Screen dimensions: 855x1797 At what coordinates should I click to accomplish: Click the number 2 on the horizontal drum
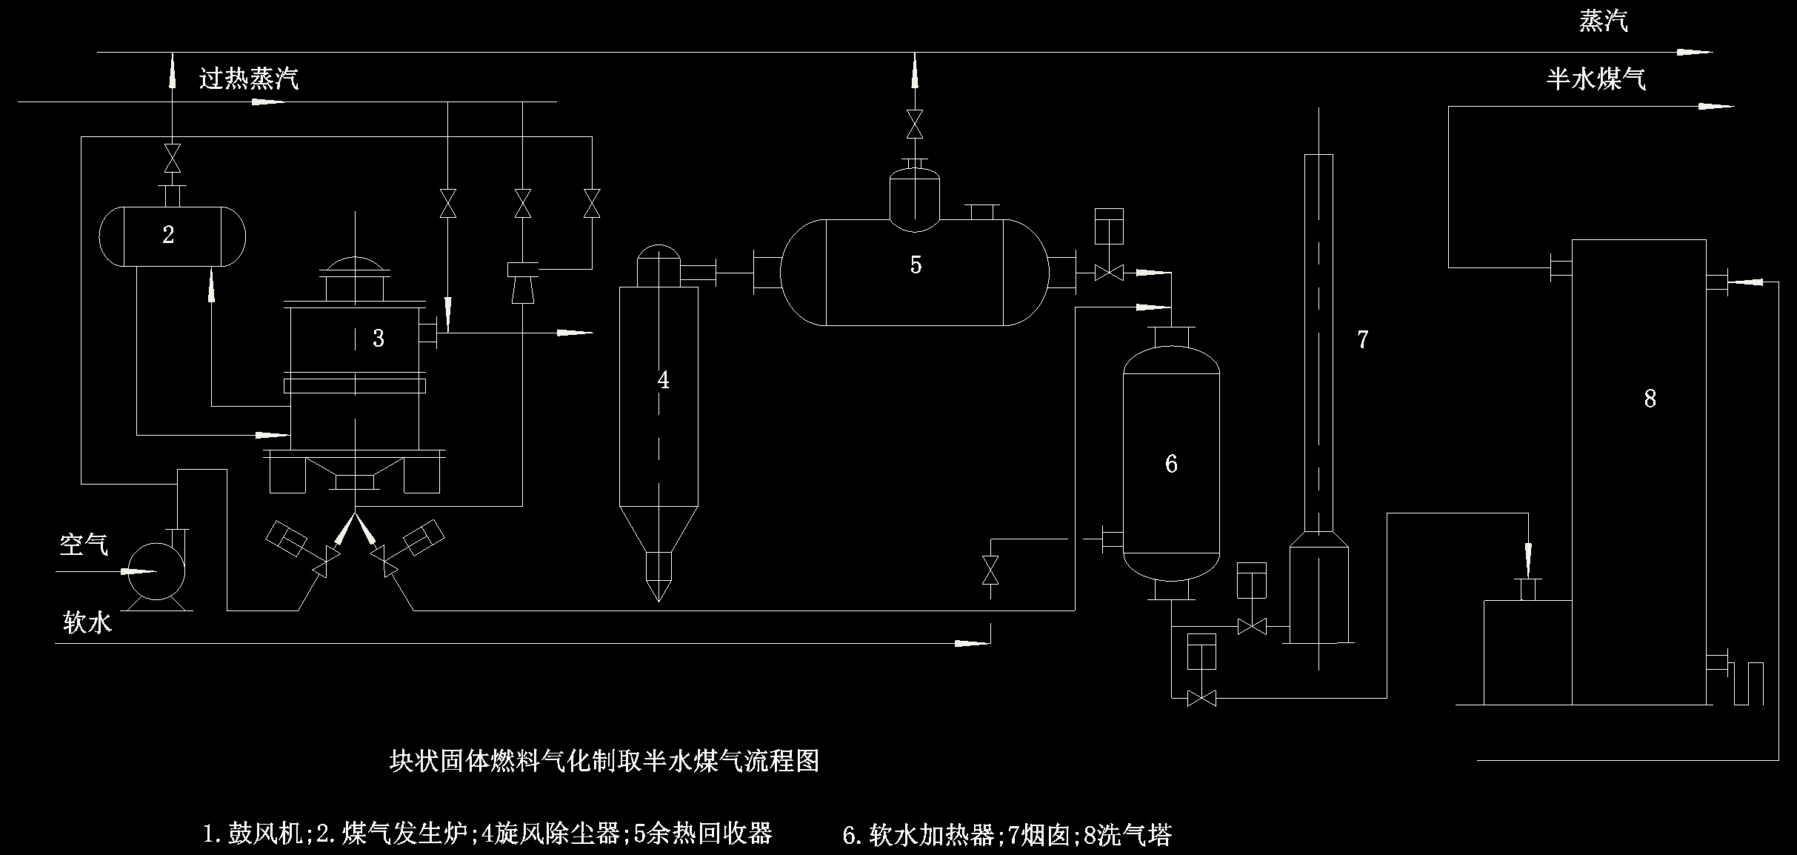pyautogui.click(x=168, y=235)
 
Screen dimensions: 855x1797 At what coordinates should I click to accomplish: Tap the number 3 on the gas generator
pyautogui.click(x=379, y=338)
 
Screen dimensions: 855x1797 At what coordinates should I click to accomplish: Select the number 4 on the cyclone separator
pyautogui.click(x=663, y=380)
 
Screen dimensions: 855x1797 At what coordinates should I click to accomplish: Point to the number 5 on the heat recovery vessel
pyautogui.click(x=916, y=265)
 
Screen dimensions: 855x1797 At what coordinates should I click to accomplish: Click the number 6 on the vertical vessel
pyautogui.click(x=1171, y=464)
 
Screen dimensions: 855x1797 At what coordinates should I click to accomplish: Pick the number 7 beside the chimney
pyautogui.click(x=1362, y=339)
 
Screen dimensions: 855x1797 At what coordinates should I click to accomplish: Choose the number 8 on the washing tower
pyautogui.click(x=1650, y=399)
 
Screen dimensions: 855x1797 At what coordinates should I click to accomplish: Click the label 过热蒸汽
pyautogui.click(x=249, y=78)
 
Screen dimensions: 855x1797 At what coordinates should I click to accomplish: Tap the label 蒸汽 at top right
pyautogui.click(x=1604, y=21)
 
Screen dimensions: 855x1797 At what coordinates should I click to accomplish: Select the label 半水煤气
pyautogui.click(x=1596, y=79)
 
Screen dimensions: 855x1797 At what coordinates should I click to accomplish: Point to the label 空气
pyautogui.click(x=84, y=545)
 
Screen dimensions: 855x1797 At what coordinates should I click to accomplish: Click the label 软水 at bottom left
pyautogui.click(x=87, y=623)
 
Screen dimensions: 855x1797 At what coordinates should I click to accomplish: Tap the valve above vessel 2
pyautogui.click(x=172, y=159)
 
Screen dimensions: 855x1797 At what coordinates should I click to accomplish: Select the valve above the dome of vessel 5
pyautogui.click(x=915, y=124)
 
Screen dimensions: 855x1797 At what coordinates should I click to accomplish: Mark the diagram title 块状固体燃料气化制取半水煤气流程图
pyautogui.click(x=604, y=761)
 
